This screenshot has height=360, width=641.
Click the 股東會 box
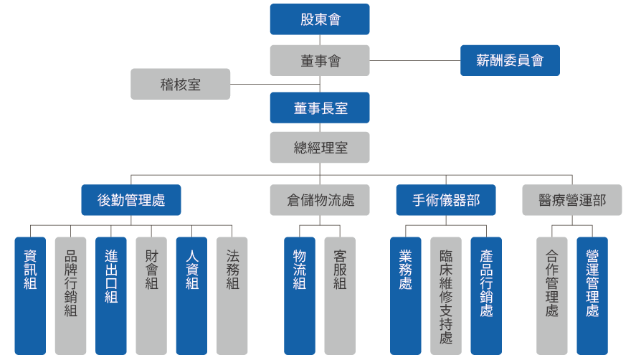320,19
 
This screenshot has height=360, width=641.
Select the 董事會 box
320,60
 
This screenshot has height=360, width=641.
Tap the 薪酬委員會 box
510,60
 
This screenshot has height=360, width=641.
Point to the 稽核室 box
181,84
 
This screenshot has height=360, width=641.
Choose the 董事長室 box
320,108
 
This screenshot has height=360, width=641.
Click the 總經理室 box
320,148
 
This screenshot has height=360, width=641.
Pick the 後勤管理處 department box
130,200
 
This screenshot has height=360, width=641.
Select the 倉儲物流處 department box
320,200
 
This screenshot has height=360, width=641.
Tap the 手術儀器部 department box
446,200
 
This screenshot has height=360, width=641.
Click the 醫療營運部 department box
571,200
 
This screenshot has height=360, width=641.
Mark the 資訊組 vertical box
30,295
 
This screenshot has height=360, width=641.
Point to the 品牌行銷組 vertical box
70,295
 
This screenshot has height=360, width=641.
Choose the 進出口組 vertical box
110,295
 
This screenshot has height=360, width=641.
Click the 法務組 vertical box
232,295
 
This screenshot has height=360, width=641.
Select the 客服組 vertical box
340,295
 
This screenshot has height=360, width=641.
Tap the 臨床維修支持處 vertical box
446,295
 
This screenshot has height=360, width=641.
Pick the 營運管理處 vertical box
592,295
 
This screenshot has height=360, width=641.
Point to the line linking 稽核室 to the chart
251,85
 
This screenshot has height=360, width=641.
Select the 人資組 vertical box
191,295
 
